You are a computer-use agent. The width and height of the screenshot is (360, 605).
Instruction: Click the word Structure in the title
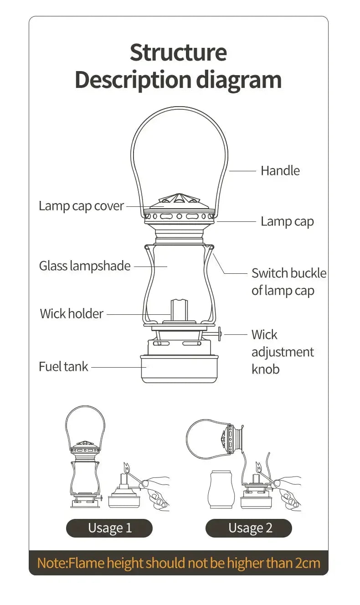click(178, 52)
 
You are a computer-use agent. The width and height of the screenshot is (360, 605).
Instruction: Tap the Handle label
click(280, 171)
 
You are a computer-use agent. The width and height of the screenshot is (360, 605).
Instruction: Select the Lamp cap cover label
click(81, 206)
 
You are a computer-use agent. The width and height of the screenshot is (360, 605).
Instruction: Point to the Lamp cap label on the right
click(287, 221)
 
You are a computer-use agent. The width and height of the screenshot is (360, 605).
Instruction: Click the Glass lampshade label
click(85, 266)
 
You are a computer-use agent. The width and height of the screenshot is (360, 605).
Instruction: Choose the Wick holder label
click(72, 314)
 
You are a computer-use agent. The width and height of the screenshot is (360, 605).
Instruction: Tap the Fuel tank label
click(63, 366)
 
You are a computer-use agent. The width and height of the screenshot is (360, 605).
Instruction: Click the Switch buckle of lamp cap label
click(289, 282)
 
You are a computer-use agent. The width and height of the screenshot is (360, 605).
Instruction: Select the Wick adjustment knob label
click(283, 352)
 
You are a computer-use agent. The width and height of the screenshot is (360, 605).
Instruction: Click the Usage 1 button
click(109, 528)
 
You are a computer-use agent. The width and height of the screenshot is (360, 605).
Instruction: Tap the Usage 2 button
click(249, 528)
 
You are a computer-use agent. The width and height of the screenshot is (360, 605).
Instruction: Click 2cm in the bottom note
click(308, 563)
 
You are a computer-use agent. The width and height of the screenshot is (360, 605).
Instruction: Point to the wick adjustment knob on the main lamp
click(219, 334)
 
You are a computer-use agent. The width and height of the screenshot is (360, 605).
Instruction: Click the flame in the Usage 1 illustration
click(126, 467)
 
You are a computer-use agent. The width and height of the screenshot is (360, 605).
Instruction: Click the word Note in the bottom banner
click(51, 563)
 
